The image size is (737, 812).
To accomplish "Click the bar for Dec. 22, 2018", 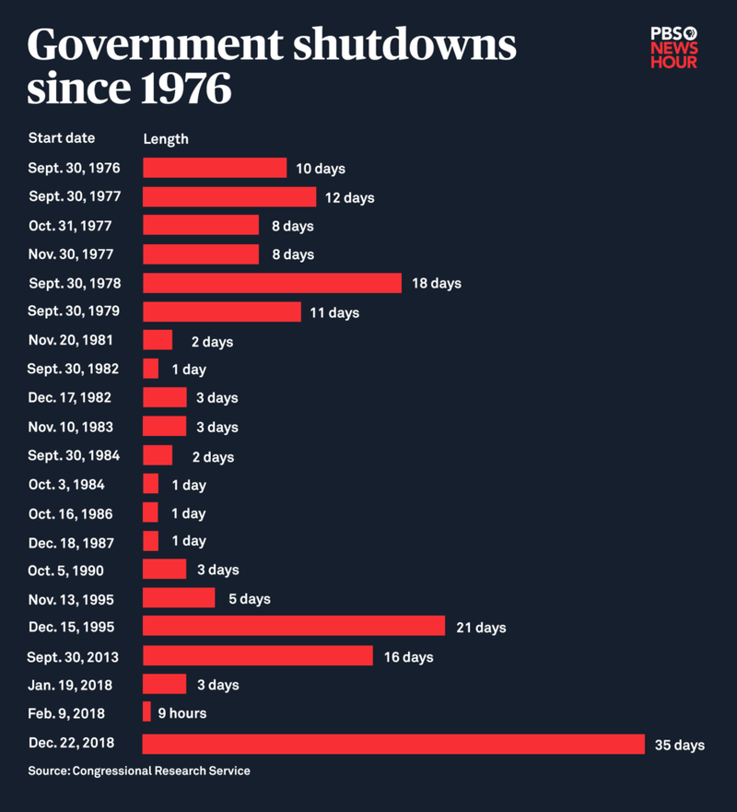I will [x=393, y=744].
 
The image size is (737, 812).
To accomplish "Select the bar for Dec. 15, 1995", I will [x=294, y=627].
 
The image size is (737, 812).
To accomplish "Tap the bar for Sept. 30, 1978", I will [x=272, y=283].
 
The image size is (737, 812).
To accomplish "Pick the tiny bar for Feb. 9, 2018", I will [x=146, y=712].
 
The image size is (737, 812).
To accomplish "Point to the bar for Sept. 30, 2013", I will [x=258, y=656].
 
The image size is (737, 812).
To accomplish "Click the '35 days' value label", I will [x=680, y=745].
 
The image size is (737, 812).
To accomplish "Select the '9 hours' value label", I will [x=182, y=713].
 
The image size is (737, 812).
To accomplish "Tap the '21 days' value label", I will [x=481, y=628].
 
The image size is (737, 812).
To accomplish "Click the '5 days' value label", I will [x=250, y=599].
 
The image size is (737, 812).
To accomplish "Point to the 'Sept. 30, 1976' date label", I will [x=74, y=169].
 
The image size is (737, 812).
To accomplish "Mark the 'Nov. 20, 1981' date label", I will [x=71, y=340].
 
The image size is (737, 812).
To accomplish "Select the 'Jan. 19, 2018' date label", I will [x=70, y=684].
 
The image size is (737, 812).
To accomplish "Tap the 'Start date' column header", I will [x=62, y=138].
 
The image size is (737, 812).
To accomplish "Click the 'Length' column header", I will [x=166, y=139].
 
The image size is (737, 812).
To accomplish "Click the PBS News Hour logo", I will [x=673, y=46].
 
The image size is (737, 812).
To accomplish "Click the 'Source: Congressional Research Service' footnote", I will [x=139, y=771].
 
